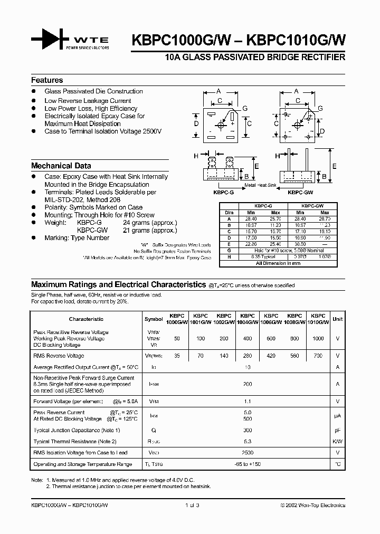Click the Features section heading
click(x=47, y=80)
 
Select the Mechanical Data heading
click(x=61, y=165)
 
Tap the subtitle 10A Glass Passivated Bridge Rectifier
click(x=255, y=56)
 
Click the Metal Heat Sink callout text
click(x=260, y=186)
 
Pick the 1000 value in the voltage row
click(x=318, y=338)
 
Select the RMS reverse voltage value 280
click(x=248, y=356)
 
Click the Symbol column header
click(x=154, y=319)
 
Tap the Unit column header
click(x=337, y=319)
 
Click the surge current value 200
click(x=248, y=385)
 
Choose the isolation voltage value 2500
click(x=248, y=453)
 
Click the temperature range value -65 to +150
click(x=248, y=464)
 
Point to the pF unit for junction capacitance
click(x=337, y=431)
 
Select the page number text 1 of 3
click(x=193, y=505)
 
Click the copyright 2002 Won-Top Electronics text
click(x=312, y=505)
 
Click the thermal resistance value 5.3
click(x=248, y=441)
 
